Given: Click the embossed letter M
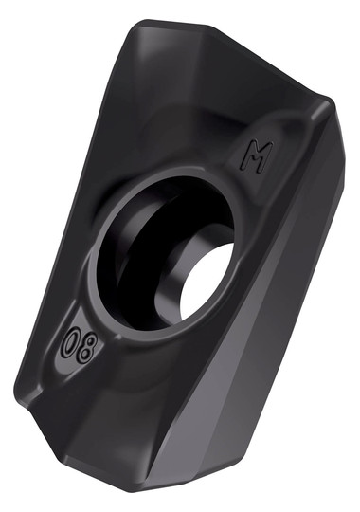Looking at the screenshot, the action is coord(257,157).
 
